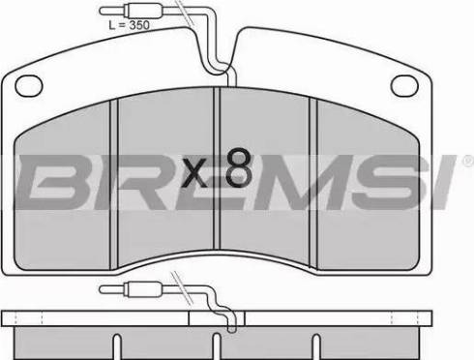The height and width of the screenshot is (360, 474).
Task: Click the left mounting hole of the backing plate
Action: (x=29, y=85)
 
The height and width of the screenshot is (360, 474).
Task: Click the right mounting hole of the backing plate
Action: (x=404, y=85)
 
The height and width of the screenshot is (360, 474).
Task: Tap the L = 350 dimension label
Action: (x=129, y=25)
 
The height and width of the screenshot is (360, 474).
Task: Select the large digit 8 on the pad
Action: (x=239, y=167)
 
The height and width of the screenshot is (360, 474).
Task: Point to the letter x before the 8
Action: (x=194, y=173)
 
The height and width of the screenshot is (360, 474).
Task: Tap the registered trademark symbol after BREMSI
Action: (x=468, y=161)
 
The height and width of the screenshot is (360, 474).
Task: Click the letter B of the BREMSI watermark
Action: (x=56, y=181)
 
